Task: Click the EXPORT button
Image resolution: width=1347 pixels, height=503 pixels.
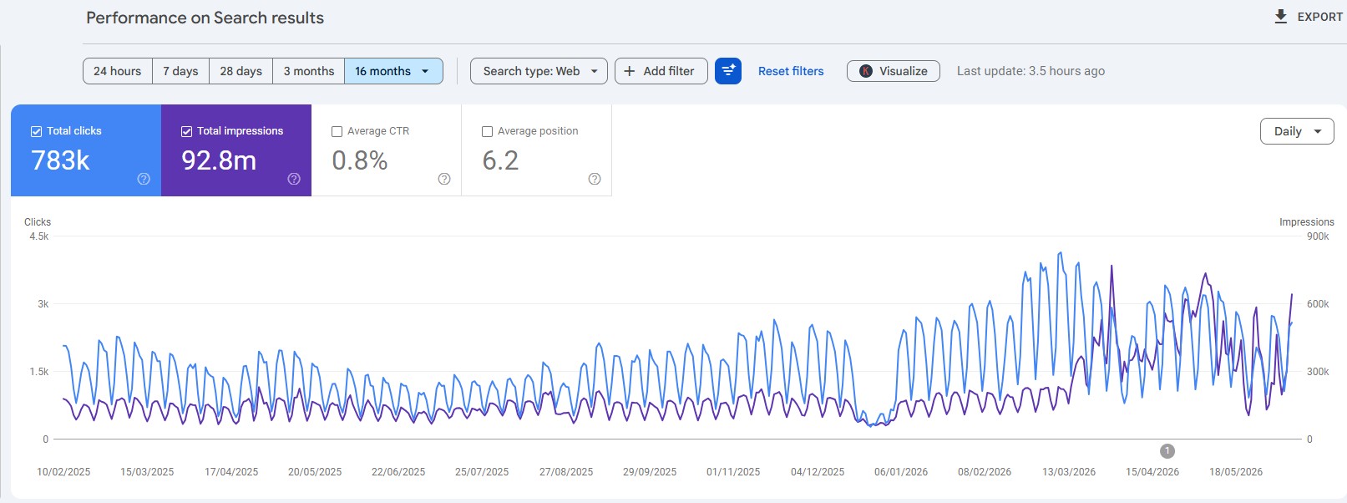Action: pyautogui.click(x=1308, y=17)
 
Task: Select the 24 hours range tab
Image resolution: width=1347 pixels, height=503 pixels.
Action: pyautogui.click(x=117, y=71)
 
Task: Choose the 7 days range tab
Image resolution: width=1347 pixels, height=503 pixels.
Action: pyautogui.click(x=180, y=71)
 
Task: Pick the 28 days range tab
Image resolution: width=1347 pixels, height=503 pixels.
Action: pyautogui.click(x=241, y=71)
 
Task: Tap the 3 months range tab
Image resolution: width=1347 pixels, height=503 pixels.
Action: pyautogui.click(x=308, y=71)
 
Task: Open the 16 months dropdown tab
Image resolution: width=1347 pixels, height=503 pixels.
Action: pyautogui.click(x=393, y=71)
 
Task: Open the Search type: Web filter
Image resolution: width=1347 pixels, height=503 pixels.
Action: pyautogui.click(x=539, y=71)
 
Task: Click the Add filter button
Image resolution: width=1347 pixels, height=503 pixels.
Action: pyautogui.click(x=661, y=71)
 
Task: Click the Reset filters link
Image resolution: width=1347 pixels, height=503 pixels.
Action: pyautogui.click(x=791, y=71)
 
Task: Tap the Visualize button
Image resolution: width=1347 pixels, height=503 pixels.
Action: pyautogui.click(x=893, y=71)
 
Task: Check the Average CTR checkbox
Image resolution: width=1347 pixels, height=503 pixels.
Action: pyautogui.click(x=337, y=131)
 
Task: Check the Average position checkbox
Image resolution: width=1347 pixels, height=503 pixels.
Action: pyautogui.click(x=487, y=131)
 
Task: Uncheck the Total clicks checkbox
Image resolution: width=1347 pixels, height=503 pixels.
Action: pyautogui.click(x=36, y=131)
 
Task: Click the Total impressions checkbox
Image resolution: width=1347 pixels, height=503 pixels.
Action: pyautogui.click(x=186, y=131)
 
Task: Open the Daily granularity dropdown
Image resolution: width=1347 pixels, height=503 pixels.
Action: pyautogui.click(x=1297, y=131)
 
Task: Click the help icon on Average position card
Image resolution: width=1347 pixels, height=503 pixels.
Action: pyautogui.click(x=594, y=179)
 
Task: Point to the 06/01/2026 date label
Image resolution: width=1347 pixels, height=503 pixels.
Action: pyautogui.click(x=901, y=472)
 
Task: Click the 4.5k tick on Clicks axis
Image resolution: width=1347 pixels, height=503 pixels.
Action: pyautogui.click(x=39, y=236)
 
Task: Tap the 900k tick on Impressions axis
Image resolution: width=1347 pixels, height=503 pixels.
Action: pyautogui.click(x=1318, y=236)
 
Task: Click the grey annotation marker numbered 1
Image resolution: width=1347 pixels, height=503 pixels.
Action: pyautogui.click(x=1167, y=450)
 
